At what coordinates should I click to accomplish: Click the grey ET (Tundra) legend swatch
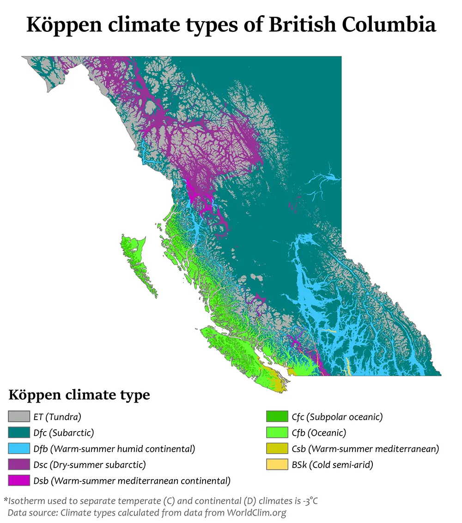click(16, 417)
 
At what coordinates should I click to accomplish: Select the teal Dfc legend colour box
click(16, 433)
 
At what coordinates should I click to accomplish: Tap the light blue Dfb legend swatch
click(16, 449)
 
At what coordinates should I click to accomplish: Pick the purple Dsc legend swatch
click(16, 464)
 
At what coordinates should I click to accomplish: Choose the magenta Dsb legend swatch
click(16, 481)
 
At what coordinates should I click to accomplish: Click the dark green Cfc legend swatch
click(274, 417)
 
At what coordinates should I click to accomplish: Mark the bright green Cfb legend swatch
click(274, 433)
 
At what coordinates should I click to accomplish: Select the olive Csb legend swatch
click(274, 449)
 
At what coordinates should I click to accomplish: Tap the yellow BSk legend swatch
click(274, 464)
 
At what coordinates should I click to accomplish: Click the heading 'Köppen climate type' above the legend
click(79, 396)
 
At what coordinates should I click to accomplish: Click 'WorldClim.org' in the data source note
click(256, 512)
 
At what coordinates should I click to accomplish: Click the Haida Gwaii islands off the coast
click(136, 263)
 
